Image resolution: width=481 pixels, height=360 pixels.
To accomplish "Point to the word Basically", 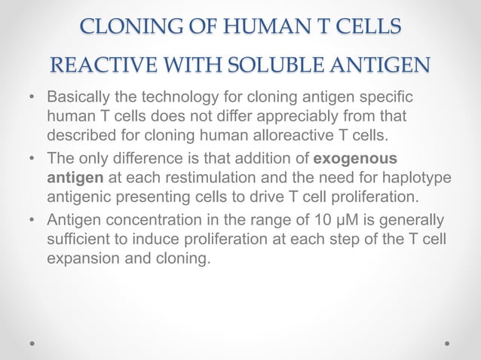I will coord(81,99).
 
